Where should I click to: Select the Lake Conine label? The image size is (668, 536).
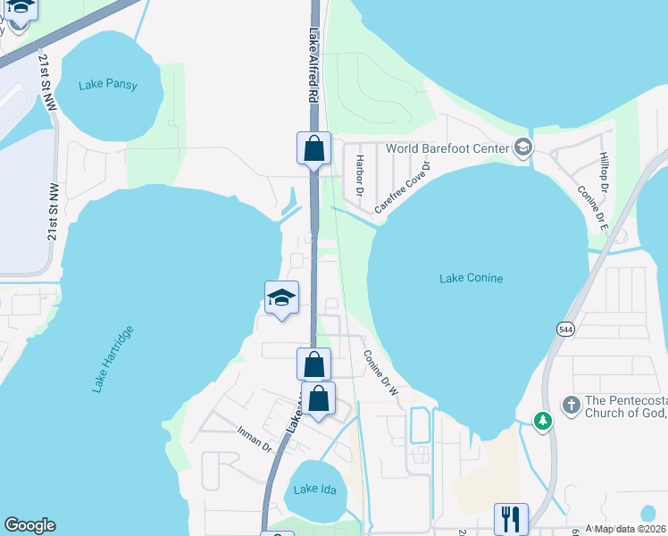tap(471, 279)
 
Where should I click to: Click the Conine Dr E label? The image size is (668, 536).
tap(592, 208)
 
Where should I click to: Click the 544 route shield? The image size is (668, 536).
tap(565, 330)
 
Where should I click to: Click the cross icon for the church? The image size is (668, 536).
tap(571, 405)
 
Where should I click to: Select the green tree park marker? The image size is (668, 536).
tap(541, 420)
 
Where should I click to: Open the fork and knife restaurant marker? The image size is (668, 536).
tap(511, 518)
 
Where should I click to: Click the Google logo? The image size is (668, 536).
tap(29, 525)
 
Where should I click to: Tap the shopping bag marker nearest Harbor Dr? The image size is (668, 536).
tap(313, 148)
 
